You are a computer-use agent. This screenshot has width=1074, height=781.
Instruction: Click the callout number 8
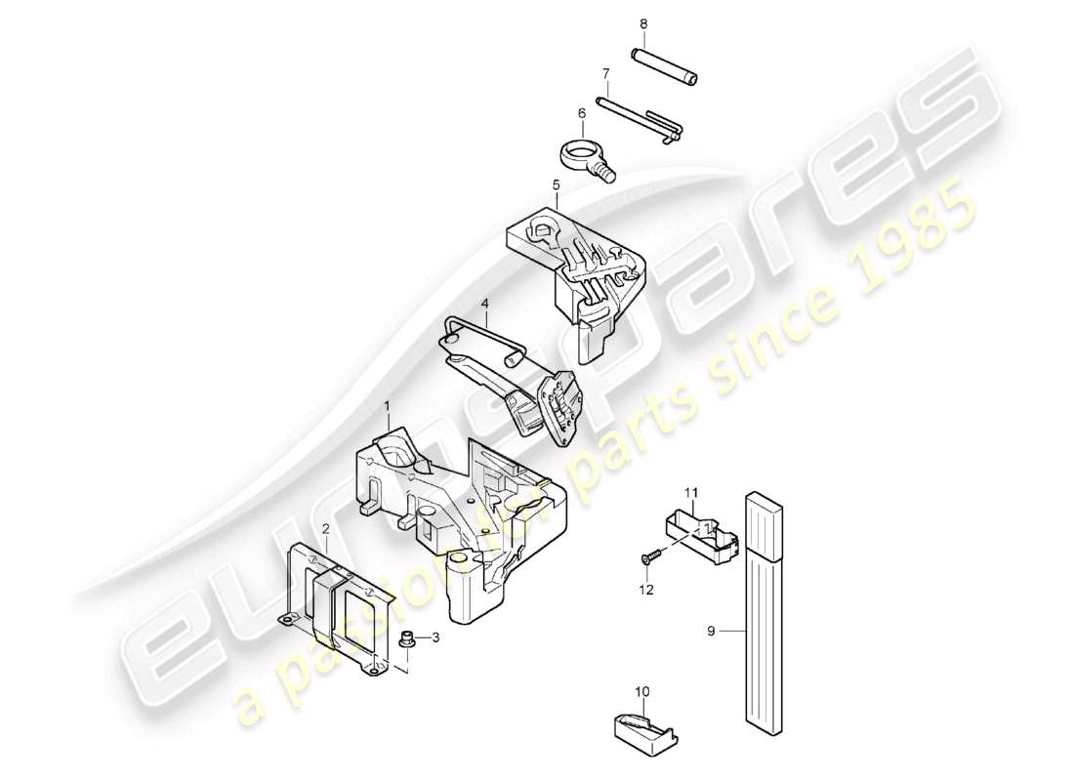coord(643,23)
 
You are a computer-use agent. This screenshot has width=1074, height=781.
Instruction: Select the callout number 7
coord(605,73)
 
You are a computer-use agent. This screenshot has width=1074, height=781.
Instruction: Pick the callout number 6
coord(583,113)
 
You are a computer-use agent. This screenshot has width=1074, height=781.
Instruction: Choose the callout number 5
coord(556,184)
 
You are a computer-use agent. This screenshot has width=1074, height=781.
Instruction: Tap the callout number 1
coord(387,405)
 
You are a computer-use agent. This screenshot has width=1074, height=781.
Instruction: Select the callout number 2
coord(327,528)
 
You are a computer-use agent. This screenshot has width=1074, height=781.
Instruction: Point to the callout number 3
coord(436,637)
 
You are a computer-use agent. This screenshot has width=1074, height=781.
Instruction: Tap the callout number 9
coord(712,632)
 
